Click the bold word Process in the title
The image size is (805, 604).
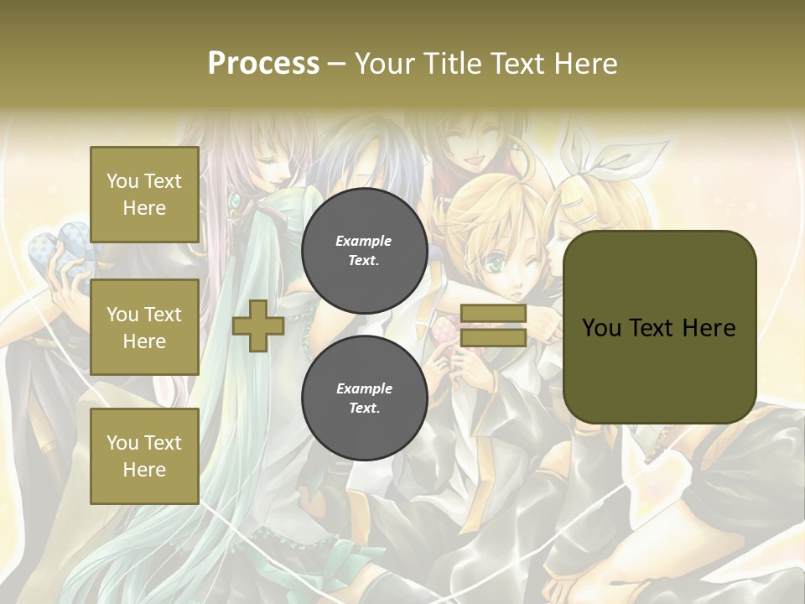tap(263, 63)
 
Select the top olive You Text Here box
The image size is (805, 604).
tap(144, 195)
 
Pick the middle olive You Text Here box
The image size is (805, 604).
tap(144, 327)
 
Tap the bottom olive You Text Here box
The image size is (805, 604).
tap(144, 456)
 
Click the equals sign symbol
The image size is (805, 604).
tap(493, 325)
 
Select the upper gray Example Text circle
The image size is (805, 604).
tap(364, 251)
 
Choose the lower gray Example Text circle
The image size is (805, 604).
tap(364, 398)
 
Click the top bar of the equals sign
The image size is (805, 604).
tap(493, 314)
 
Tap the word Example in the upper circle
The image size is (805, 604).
tap(364, 242)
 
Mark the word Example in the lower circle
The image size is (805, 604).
tap(364, 389)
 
